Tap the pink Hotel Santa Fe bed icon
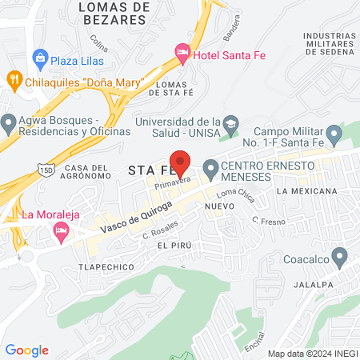182,54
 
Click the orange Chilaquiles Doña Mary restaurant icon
13,79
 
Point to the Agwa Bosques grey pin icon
9,122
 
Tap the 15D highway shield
46,168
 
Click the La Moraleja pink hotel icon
61,230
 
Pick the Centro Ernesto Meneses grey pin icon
211,168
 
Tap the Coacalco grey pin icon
339,258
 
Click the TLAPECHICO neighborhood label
101,264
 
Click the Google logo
26,350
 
